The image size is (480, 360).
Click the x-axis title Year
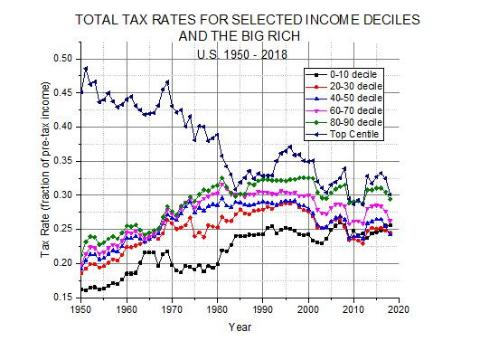point(240,327)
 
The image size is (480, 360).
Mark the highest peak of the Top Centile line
point(86,68)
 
